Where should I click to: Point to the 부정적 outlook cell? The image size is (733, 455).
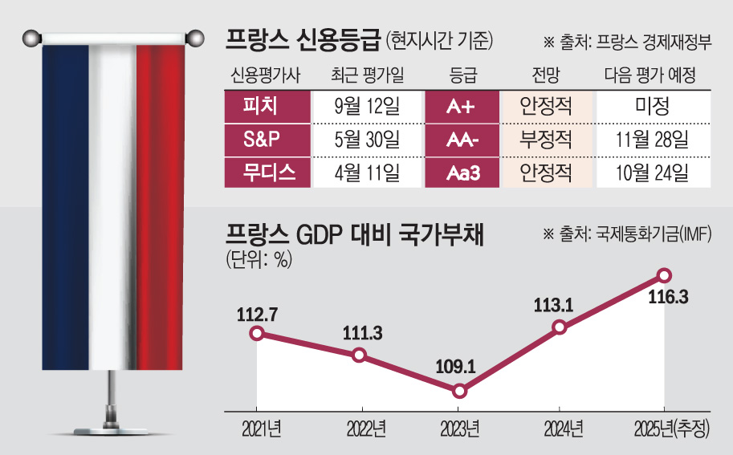click(546, 140)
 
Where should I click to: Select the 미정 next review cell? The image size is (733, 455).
click(651, 106)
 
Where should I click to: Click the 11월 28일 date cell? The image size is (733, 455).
click(651, 140)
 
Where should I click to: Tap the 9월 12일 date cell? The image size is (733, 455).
click(366, 106)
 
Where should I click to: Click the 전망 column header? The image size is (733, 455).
click(546, 75)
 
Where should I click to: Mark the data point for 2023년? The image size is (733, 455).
click(459, 391)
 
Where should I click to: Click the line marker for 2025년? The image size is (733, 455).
click(664, 275)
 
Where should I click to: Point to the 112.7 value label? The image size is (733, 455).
click(257, 315)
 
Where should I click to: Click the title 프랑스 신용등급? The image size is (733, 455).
click(301, 38)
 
